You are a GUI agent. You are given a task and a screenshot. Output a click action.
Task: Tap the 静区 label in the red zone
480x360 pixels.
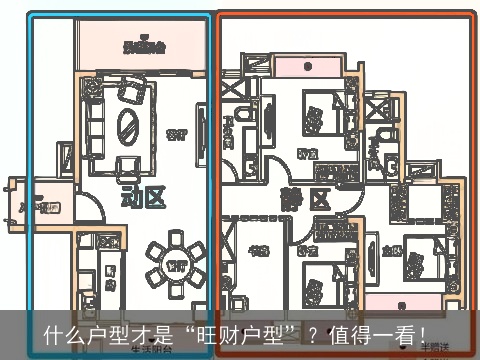(306, 199)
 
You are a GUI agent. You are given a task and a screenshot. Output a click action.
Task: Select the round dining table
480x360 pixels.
(176, 265)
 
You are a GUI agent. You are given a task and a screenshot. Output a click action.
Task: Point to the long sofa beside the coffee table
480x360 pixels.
(96, 122)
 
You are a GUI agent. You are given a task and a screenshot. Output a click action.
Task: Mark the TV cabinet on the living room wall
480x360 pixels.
(201, 128)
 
